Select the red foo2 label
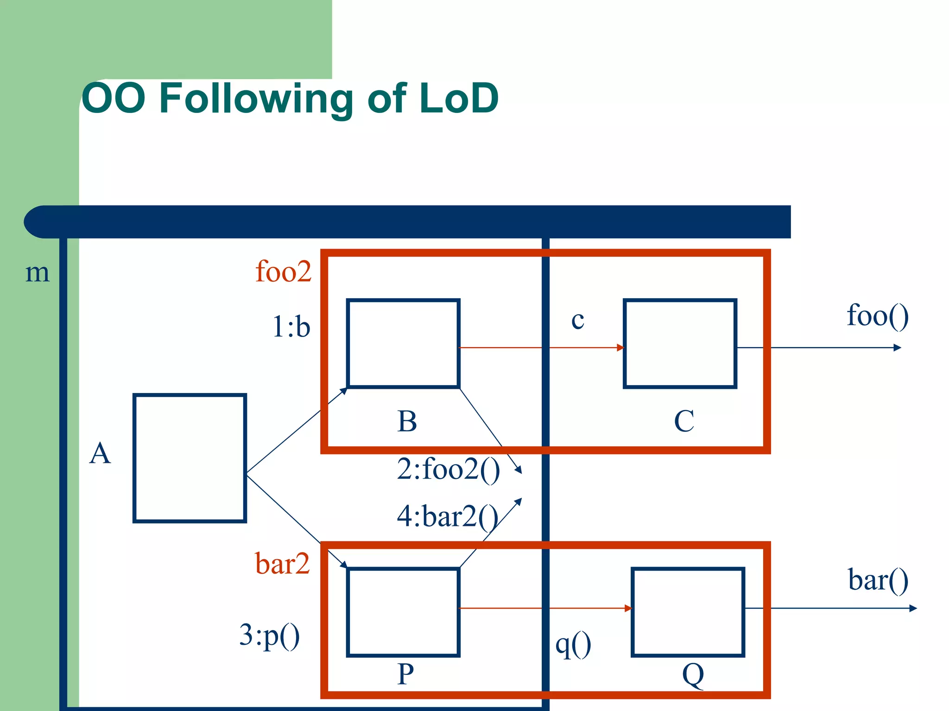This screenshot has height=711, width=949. (x=283, y=271)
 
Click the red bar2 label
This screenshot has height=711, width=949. (x=282, y=564)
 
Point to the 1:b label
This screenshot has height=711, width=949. (x=291, y=327)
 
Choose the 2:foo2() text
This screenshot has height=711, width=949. (x=448, y=469)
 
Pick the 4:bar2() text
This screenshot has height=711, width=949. (x=447, y=517)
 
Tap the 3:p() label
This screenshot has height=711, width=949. (x=269, y=635)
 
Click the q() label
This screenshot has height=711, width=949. (x=573, y=644)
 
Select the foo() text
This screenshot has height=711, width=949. (x=877, y=316)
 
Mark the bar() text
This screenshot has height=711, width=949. (x=878, y=580)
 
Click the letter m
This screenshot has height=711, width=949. (x=37, y=273)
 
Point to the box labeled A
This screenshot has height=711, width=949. (x=190, y=458)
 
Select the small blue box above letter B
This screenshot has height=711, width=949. (x=403, y=343)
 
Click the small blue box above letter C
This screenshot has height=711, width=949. (x=680, y=343)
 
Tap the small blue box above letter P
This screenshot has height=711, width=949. (x=403, y=612)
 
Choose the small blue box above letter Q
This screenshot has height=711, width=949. (x=688, y=612)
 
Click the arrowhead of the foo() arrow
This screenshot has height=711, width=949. (x=898, y=348)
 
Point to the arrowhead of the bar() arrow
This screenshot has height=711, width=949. (x=913, y=608)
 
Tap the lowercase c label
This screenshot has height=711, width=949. (x=577, y=320)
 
